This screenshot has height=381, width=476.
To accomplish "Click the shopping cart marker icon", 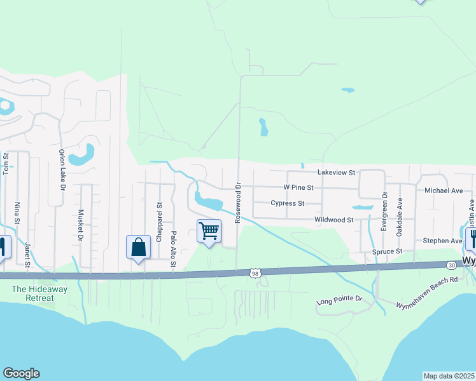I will (209, 231).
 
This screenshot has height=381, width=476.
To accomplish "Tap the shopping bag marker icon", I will (138, 247).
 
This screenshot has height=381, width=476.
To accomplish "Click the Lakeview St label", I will (336, 172).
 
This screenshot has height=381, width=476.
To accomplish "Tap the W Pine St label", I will (298, 188).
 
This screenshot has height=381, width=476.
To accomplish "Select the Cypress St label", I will (287, 204).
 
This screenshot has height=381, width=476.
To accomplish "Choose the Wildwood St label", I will (333, 220).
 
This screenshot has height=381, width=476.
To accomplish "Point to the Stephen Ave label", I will (442, 241).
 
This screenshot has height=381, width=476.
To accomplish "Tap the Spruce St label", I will (388, 251).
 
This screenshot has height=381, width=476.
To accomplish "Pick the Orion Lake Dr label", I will (62, 170).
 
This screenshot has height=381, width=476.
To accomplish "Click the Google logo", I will (21, 373).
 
